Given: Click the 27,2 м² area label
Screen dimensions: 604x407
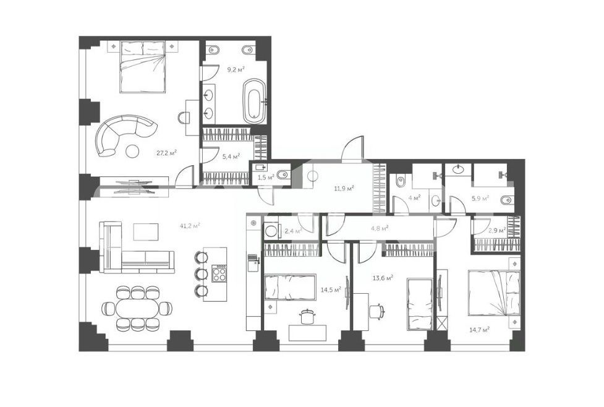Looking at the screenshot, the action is [166, 152].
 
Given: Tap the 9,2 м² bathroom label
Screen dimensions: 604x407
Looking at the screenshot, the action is [236, 69].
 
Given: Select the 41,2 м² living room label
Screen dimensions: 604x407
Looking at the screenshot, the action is [190, 226].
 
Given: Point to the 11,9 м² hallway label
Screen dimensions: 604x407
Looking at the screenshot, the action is [344, 189].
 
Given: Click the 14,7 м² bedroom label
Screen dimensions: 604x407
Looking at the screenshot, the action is [479, 330].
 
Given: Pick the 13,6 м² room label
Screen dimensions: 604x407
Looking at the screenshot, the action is [383, 278].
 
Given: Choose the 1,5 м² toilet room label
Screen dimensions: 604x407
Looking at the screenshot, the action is [265, 178].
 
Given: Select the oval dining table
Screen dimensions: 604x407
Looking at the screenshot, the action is [137, 308].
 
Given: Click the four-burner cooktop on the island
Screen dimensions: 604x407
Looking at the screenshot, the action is [220, 274].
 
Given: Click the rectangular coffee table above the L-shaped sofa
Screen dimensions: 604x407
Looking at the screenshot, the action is [146, 231].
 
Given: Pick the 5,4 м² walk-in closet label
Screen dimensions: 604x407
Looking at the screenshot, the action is [231, 156].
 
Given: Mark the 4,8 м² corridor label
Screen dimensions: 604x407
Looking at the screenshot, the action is [380, 228].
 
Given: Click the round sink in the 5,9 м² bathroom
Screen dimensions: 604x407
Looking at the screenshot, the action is [458, 169].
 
